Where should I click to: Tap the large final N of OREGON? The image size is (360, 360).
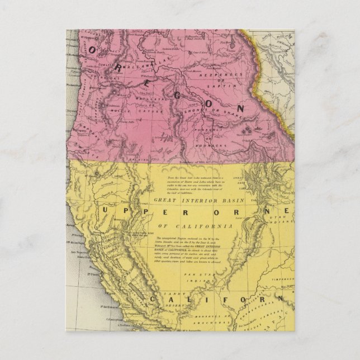241,107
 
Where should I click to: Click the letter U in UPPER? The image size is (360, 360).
107,209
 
